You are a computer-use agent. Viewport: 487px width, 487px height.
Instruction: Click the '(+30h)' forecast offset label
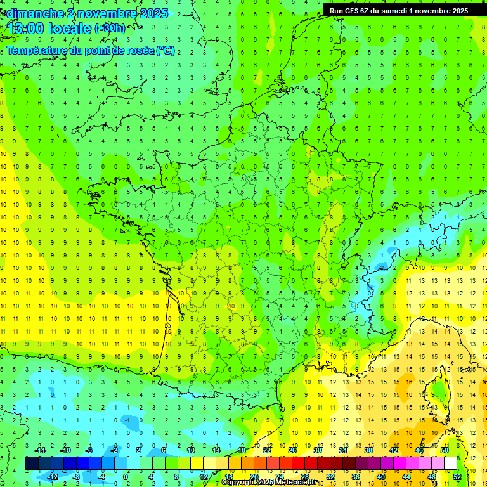pyautogui.click(x=110, y=29)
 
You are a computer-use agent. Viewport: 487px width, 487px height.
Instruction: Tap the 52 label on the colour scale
pyautogui.click(x=457, y=476)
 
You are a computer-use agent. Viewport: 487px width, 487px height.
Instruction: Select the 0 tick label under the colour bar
pyautogui.click(x=126, y=476)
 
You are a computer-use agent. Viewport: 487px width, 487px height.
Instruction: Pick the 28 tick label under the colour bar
pyautogui.click(x=304, y=476)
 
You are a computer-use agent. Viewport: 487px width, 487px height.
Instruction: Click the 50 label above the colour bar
pyautogui.click(x=445, y=450)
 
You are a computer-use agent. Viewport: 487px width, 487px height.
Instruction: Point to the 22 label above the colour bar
pyautogui.click(x=267, y=450)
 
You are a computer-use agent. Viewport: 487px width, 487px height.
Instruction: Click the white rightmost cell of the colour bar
pyautogui.click(x=450, y=464)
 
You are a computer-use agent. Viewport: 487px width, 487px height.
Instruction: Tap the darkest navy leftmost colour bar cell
pyautogui.click(x=32, y=464)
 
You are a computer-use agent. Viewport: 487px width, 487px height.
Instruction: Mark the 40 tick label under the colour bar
pyautogui.click(x=380, y=476)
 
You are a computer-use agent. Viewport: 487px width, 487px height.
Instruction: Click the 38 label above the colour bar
pyautogui.click(x=368, y=450)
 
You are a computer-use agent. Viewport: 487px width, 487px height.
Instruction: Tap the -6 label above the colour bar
pyautogui.click(x=89, y=450)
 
